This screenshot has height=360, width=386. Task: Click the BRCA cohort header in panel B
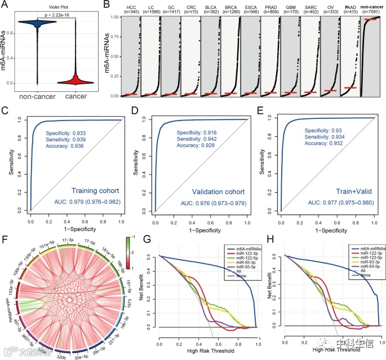pos(232,10)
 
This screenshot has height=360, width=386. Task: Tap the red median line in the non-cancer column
pos(370,19)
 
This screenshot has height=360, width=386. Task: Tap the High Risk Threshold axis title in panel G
pos(208,349)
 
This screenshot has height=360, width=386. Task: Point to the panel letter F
pos(7,232)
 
